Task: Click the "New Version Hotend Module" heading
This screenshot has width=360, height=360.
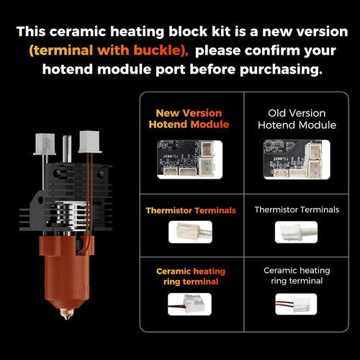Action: coord(189,119)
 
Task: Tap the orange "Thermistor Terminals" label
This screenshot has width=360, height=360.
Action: coord(190,211)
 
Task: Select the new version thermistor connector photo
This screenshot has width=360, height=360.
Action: coord(190,231)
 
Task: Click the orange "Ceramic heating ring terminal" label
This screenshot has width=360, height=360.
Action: coord(190,276)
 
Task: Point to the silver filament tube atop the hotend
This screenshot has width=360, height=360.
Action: coord(66,147)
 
